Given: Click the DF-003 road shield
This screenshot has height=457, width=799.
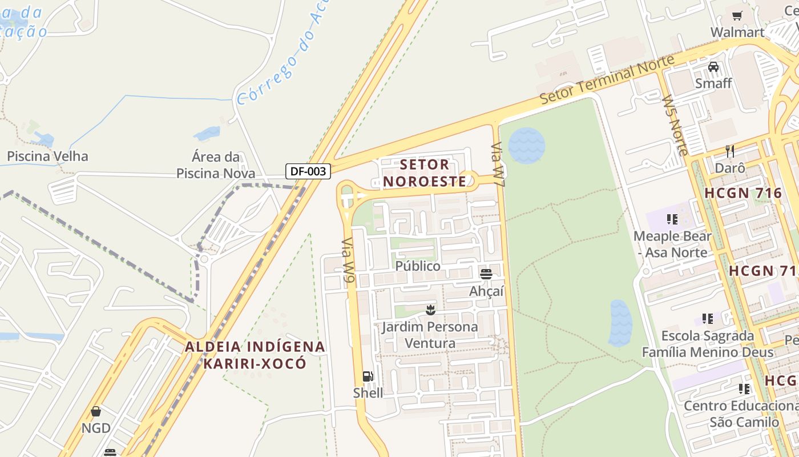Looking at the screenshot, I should click(x=308, y=171).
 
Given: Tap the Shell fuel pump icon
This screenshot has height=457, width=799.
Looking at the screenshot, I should click(x=368, y=376).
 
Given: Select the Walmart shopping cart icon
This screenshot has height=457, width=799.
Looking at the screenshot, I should click(x=737, y=16).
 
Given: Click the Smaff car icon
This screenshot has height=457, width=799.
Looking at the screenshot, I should click(x=713, y=67).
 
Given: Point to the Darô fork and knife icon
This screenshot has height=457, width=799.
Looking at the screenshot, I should click(x=729, y=151).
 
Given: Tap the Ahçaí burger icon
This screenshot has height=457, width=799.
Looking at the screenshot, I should click(x=486, y=274).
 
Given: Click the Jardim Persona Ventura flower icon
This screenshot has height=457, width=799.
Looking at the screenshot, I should click(x=430, y=310).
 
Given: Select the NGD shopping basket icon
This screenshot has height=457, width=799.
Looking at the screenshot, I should click(x=96, y=411).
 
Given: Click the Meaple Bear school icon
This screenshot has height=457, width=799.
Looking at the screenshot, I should click(x=672, y=219).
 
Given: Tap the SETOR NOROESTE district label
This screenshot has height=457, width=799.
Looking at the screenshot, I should click(x=425, y=173).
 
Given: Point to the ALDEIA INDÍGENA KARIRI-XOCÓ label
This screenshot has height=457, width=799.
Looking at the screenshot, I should click(x=255, y=355).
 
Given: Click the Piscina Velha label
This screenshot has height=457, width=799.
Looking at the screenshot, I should click(x=47, y=156).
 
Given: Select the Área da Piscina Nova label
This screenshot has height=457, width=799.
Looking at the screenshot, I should click(x=216, y=165).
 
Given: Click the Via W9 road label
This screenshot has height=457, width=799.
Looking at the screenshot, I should click(x=348, y=260).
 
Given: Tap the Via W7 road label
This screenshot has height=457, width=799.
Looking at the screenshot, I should click(x=498, y=165).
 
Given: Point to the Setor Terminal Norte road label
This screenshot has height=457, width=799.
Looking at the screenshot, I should click(x=607, y=79).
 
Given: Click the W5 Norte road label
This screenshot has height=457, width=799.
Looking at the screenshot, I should click(x=675, y=125).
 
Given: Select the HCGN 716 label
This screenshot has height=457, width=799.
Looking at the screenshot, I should click(x=743, y=193).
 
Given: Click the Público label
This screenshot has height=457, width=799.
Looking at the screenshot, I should click(x=418, y=266).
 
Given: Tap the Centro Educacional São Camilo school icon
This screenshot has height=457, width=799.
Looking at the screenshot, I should click(x=744, y=389).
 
